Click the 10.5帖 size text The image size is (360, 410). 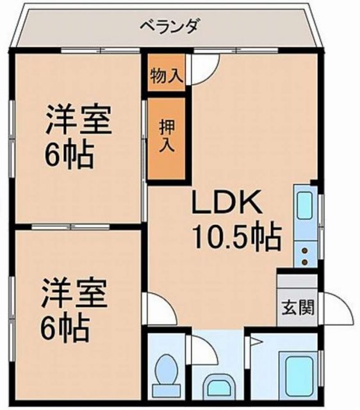click(x=237, y=238)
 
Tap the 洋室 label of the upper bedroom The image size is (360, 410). click(x=78, y=121)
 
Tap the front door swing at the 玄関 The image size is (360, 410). click(x=336, y=310)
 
